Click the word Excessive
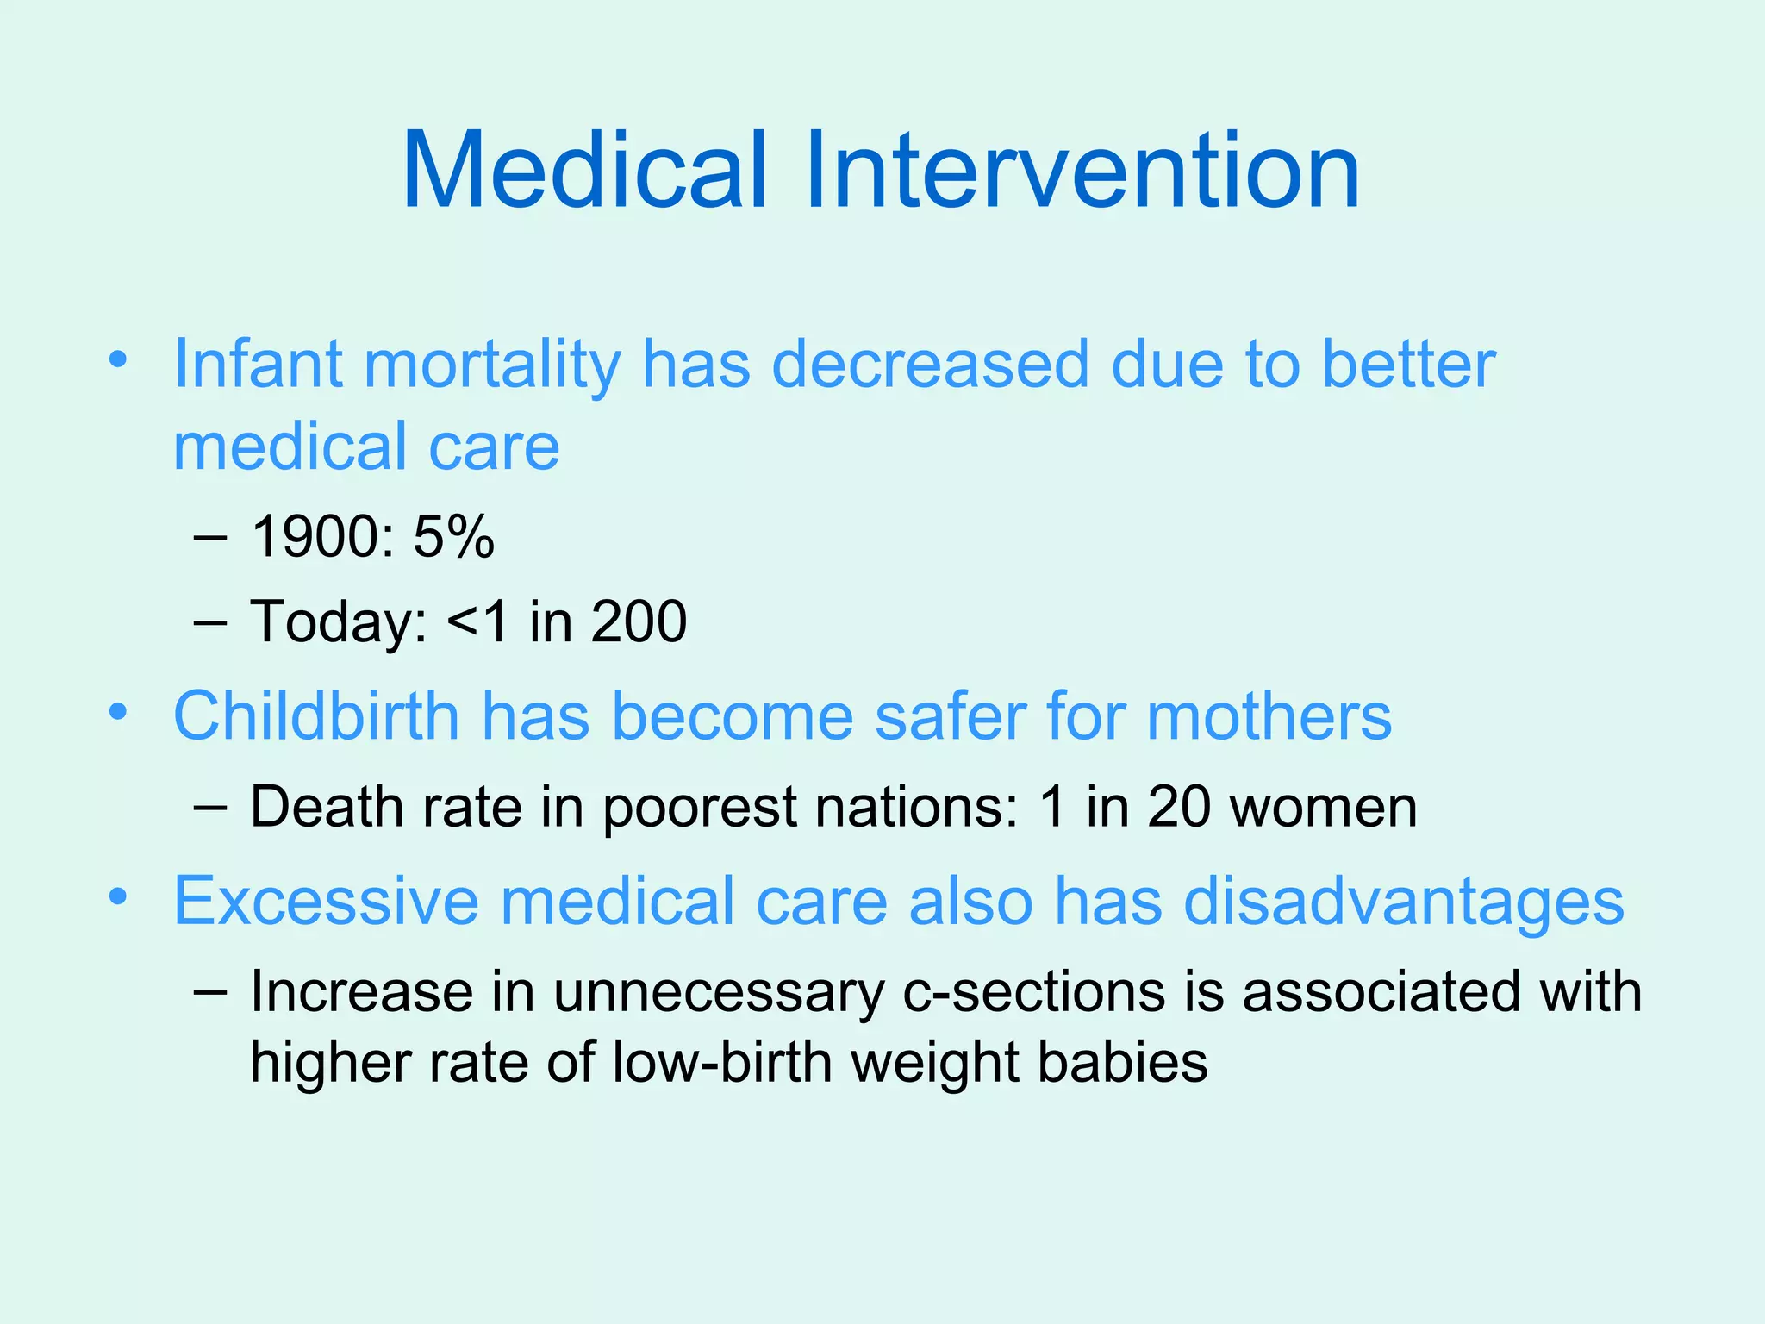pyautogui.click(x=326, y=901)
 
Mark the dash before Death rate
pyautogui.click(x=211, y=807)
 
